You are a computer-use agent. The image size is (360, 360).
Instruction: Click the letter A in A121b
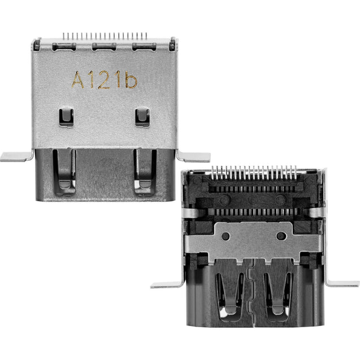pyautogui.click(x=78, y=80)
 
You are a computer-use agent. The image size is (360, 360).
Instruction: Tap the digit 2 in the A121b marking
pyautogui.click(x=104, y=80)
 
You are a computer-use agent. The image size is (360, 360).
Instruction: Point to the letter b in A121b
pyautogui.click(x=131, y=80)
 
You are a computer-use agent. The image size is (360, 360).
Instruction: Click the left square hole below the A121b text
pyautogui.click(x=67, y=116)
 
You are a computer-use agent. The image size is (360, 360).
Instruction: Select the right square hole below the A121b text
pyautogui.click(x=142, y=116)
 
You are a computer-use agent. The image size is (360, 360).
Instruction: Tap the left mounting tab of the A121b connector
pyautogui.click(x=16, y=156)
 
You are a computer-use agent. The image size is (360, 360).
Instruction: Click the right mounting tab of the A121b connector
pyautogui.click(x=194, y=156)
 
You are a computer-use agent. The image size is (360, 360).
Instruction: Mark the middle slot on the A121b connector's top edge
pyautogui.click(x=104, y=46)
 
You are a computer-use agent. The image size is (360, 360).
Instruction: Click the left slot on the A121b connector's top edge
pyautogui.click(x=64, y=46)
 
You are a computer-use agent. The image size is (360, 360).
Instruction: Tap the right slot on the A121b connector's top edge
pyautogui.click(x=144, y=46)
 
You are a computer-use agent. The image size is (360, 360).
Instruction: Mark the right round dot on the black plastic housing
pyautogui.click(x=281, y=199)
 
